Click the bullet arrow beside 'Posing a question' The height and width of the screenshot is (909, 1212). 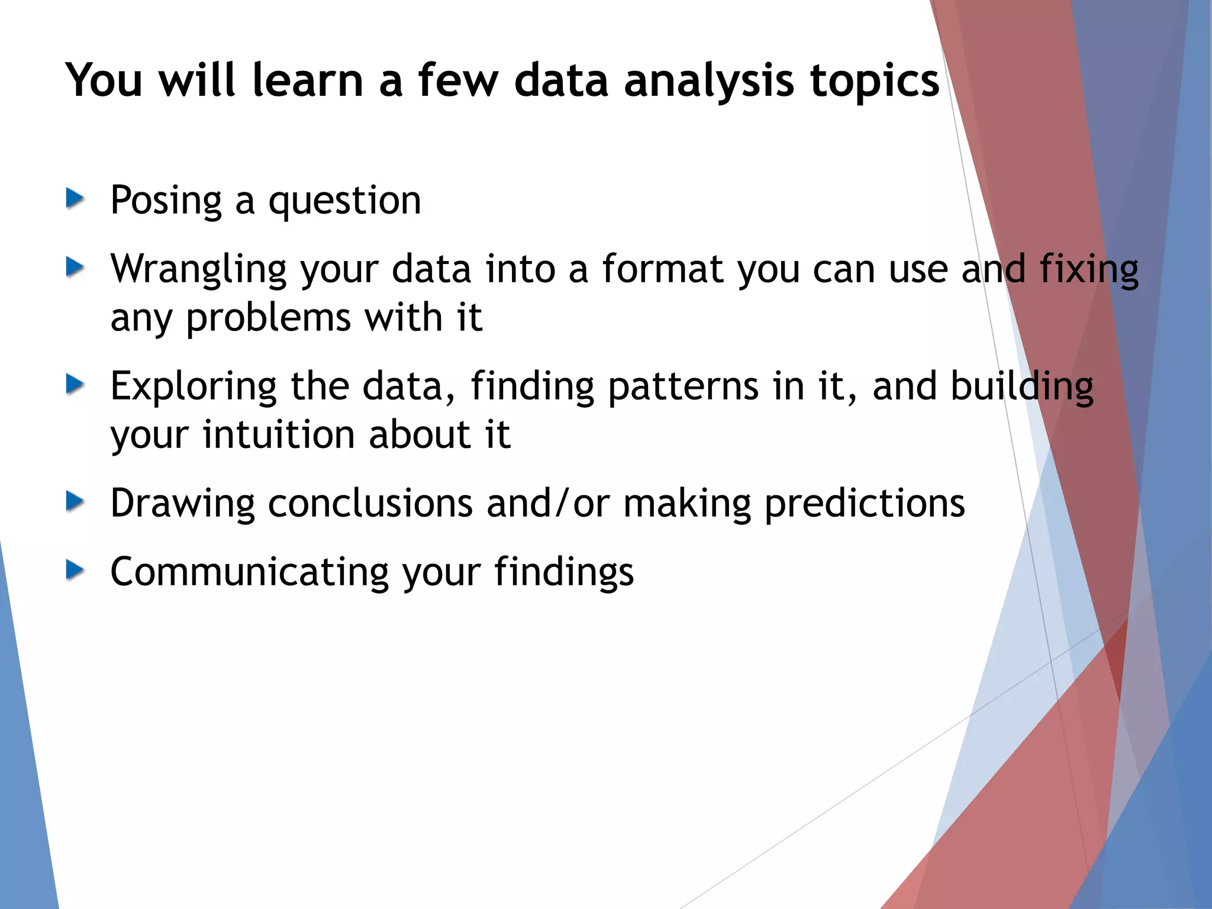click(x=75, y=198)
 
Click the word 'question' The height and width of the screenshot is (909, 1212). click(x=344, y=201)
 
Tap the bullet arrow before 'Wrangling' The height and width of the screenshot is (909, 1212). click(x=75, y=267)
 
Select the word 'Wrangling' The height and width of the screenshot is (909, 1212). click(x=199, y=270)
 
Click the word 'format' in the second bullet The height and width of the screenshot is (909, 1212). click(x=663, y=269)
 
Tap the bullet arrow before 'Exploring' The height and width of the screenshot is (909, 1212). click(x=75, y=384)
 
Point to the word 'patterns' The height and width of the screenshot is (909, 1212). click(x=683, y=386)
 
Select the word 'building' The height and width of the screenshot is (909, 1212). click(x=1021, y=387)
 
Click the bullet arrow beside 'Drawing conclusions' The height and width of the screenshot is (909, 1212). click(x=75, y=501)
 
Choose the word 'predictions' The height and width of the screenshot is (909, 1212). click(x=865, y=504)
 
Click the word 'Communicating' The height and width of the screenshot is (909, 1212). click(x=249, y=572)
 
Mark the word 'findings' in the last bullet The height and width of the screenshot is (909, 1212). click(x=563, y=573)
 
